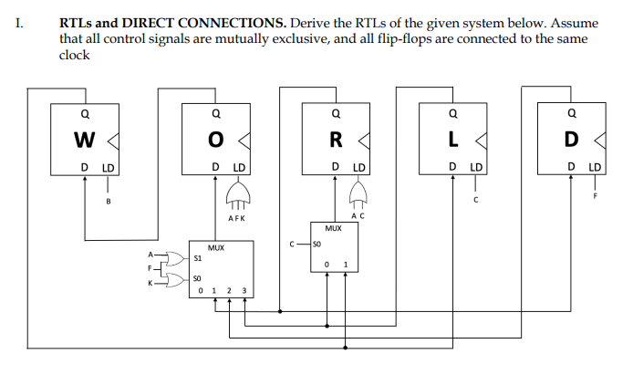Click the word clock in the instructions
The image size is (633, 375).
point(74,55)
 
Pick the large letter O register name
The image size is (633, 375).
point(214,141)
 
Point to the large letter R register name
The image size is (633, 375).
point(336,141)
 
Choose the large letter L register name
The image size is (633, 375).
point(453,141)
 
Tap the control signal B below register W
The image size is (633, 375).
point(109,201)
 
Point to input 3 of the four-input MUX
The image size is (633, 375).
point(244,292)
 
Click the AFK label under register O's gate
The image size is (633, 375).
point(236,219)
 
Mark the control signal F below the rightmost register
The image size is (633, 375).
point(594,196)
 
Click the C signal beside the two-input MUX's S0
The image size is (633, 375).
point(290,244)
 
